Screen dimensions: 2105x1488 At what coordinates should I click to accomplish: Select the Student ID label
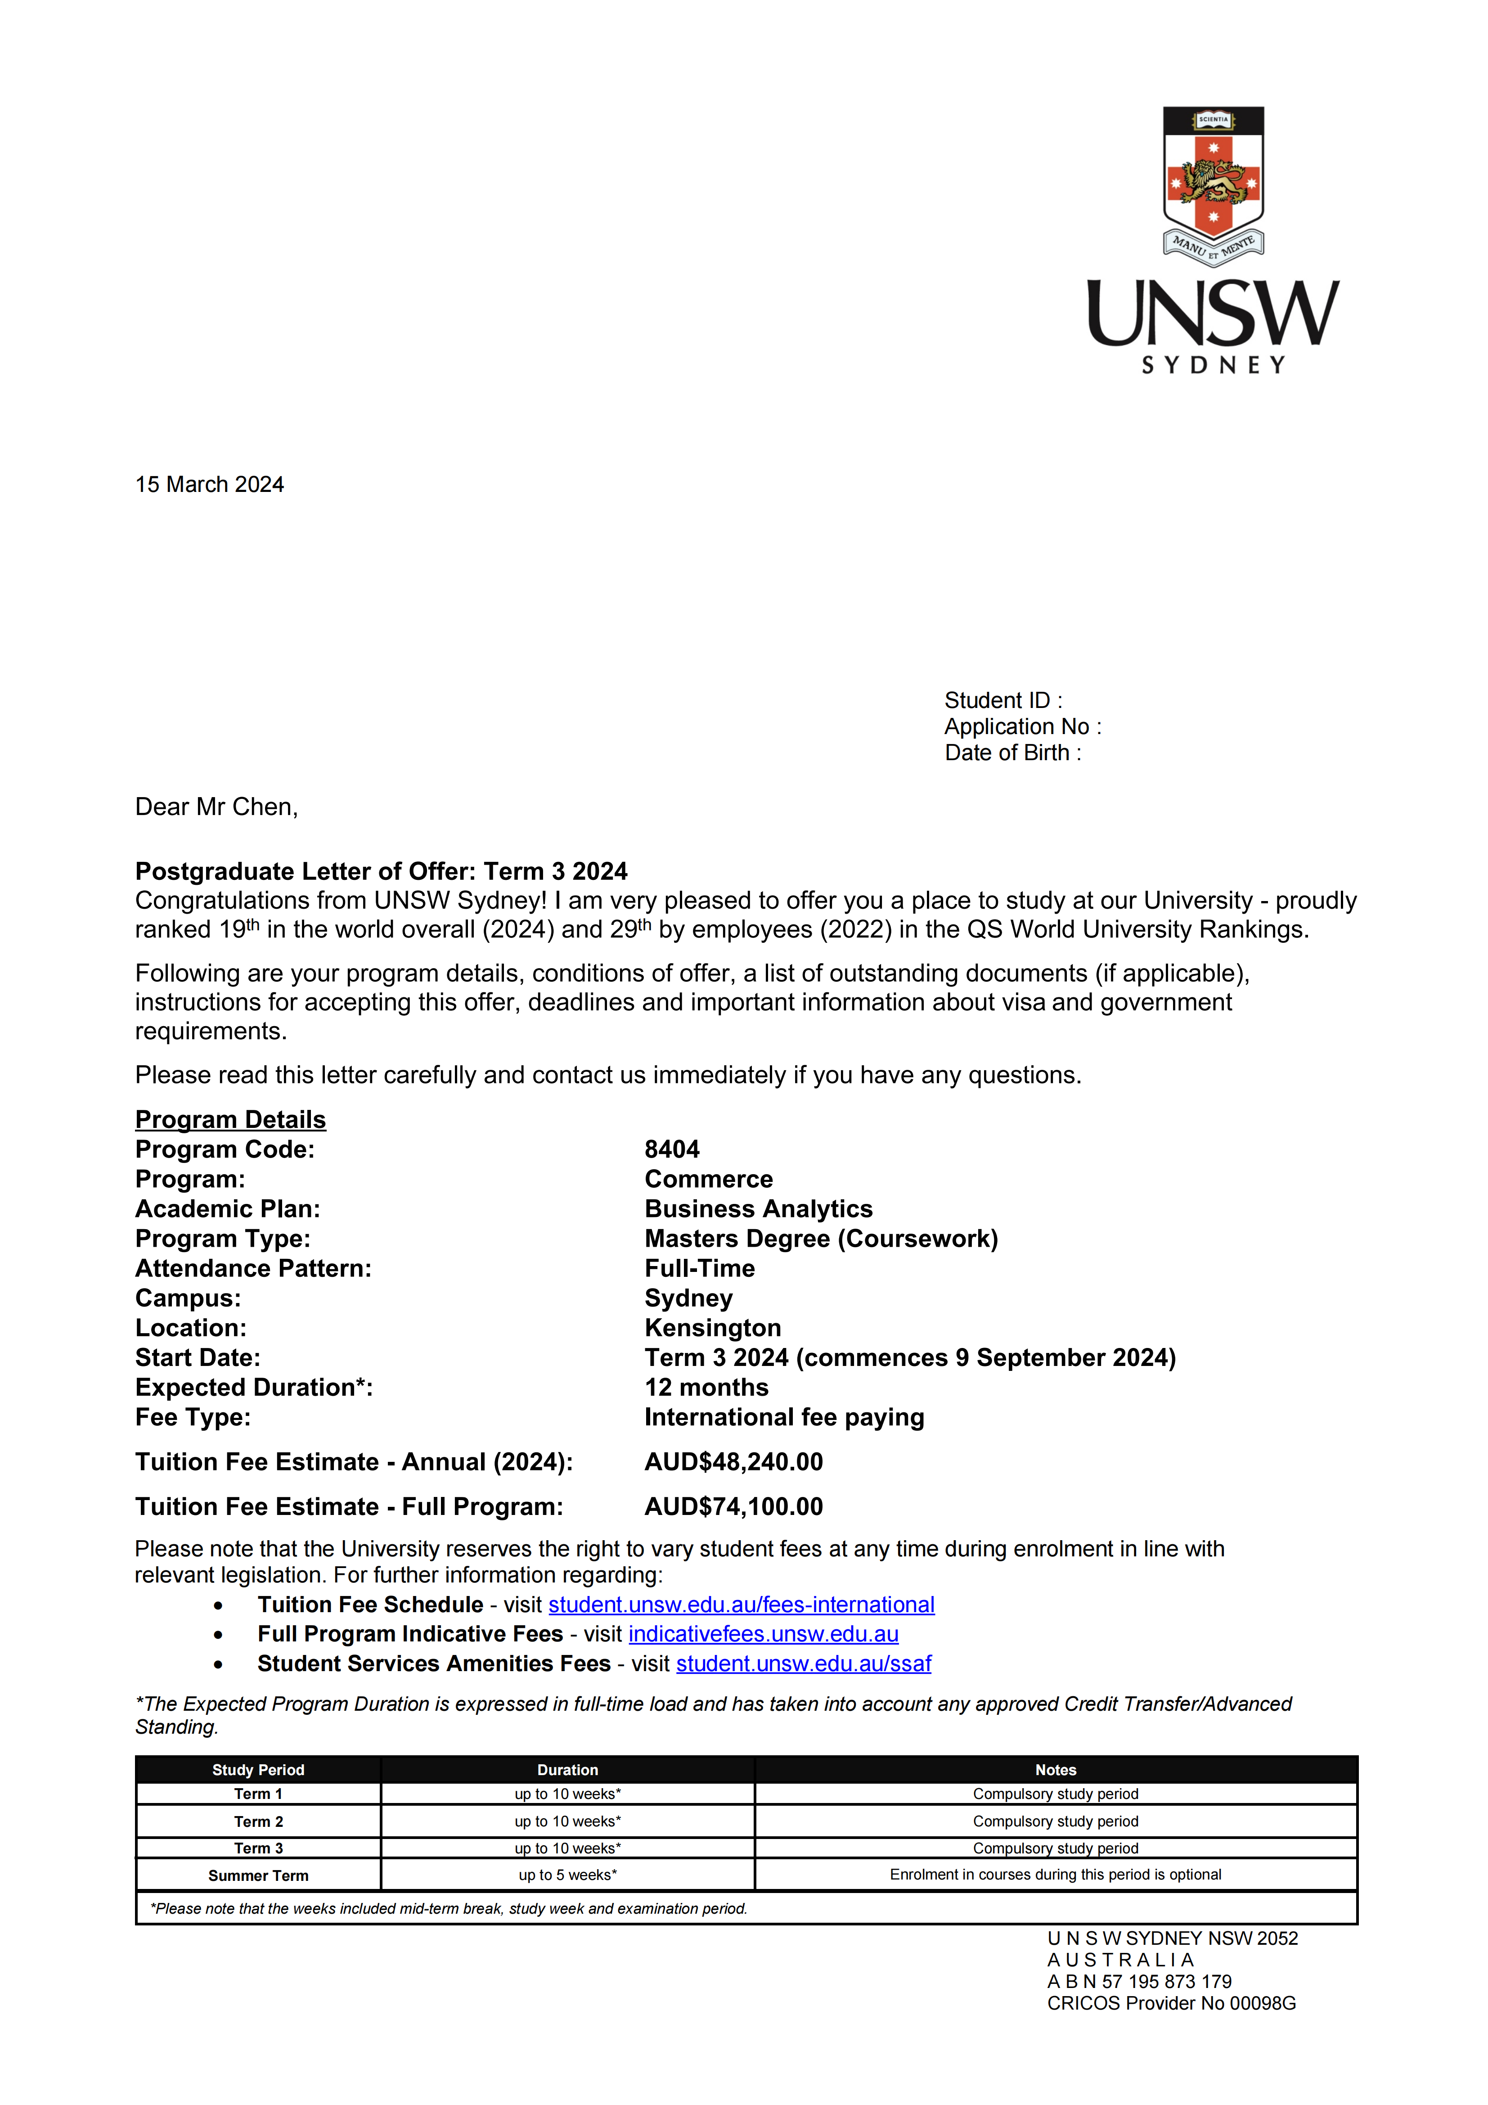coord(1003,700)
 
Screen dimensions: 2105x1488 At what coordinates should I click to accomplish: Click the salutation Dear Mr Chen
coord(216,807)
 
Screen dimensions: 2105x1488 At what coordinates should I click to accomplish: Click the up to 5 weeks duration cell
coord(567,1875)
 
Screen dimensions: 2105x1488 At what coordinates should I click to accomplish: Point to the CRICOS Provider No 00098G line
coord(1171,2003)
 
